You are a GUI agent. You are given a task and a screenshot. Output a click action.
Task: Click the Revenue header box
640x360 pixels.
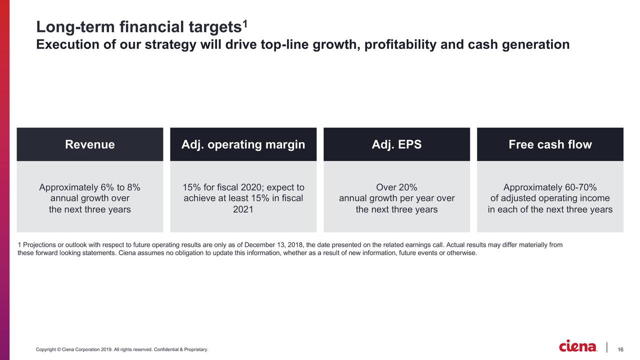pyautogui.click(x=90, y=144)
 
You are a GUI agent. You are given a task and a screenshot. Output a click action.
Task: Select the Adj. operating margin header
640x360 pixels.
pyautogui.click(x=243, y=144)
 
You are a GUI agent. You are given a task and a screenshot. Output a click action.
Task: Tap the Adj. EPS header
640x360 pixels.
pyautogui.click(x=396, y=144)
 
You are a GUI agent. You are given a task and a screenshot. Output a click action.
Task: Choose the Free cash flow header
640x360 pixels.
pyautogui.click(x=550, y=144)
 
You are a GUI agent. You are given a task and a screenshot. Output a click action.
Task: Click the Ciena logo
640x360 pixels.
pyautogui.click(x=578, y=346)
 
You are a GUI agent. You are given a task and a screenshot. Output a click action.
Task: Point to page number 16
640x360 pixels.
pyautogui.click(x=620, y=349)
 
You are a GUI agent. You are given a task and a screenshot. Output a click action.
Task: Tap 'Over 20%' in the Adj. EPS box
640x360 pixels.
pyautogui.click(x=396, y=187)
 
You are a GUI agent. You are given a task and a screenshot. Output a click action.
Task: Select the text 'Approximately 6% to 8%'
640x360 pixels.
pyautogui.click(x=90, y=187)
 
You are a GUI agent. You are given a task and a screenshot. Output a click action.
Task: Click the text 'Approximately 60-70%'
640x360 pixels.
pyautogui.click(x=550, y=187)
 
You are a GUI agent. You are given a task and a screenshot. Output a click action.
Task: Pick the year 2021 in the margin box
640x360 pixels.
pyautogui.click(x=243, y=209)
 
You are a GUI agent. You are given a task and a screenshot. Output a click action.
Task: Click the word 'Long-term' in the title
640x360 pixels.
pyautogui.click(x=69, y=26)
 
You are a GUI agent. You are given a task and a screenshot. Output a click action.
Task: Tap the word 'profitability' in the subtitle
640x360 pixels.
pyautogui.click(x=400, y=44)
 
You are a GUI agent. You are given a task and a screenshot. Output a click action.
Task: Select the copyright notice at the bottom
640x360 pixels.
pyautogui.click(x=122, y=349)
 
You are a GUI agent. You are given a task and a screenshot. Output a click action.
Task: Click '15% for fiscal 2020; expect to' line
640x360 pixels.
pyautogui.click(x=243, y=187)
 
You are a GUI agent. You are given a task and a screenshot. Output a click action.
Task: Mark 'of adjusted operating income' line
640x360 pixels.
pyautogui.click(x=550, y=198)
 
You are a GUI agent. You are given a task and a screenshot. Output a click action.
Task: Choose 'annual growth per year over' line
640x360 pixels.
pyautogui.click(x=396, y=198)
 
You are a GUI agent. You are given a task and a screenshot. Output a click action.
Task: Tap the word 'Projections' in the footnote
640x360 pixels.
pyautogui.click(x=38, y=244)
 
